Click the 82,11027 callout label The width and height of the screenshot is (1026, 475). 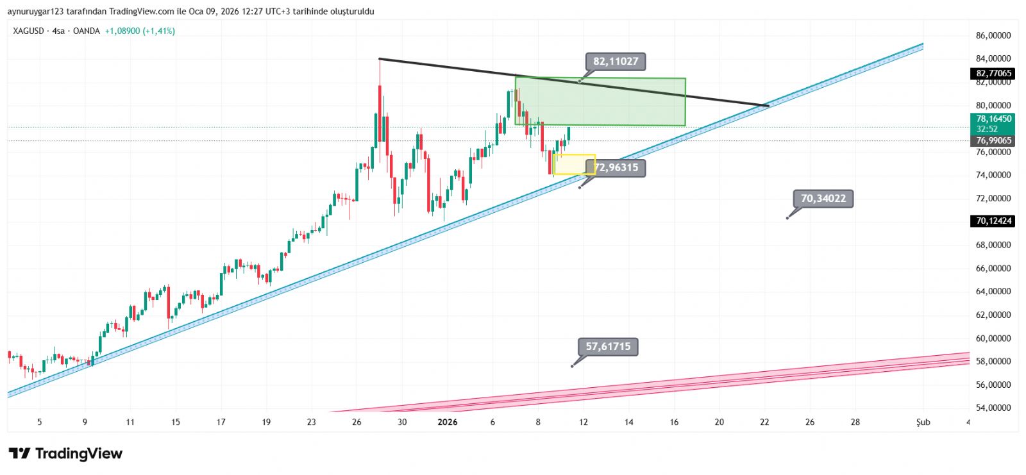(x=616, y=62)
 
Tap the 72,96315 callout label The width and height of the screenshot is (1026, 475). (x=616, y=168)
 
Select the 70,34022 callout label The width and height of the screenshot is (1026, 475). (x=823, y=199)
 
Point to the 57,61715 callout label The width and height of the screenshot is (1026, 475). (x=608, y=347)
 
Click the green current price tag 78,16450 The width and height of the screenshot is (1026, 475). (x=993, y=119)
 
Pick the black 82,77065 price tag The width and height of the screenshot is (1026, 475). (x=993, y=74)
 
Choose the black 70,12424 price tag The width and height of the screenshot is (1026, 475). (x=993, y=221)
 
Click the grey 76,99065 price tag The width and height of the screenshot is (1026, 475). (x=993, y=140)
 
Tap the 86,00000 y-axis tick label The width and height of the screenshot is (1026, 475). (x=993, y=36)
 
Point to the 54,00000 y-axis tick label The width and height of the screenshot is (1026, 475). (x=993, y=408)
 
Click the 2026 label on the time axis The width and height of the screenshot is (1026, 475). (x=447, y=422)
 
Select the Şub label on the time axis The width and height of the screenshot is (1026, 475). (x=923, y=422)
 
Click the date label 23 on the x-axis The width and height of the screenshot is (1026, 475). (x=312, y=422)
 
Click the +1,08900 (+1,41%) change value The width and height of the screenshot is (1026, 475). (x=140, y=31)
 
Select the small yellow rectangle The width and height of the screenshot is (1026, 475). (x=574, y=164)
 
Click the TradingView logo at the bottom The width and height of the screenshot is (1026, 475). (x=65, y=454)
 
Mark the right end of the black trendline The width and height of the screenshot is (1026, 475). (x=768, y=105)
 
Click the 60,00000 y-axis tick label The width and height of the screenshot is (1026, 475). (x=993, y=338)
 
